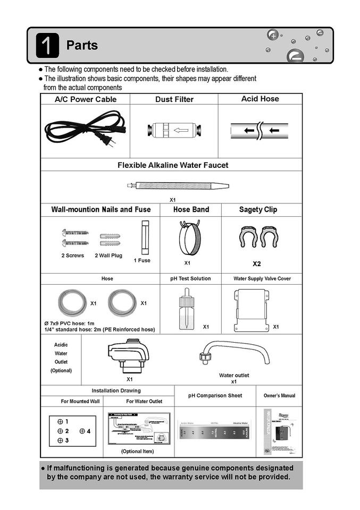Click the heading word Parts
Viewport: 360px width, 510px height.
point(82,46)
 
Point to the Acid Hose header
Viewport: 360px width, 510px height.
point(260,99)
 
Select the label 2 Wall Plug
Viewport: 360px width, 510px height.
point(108,256)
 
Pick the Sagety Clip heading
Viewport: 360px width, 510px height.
point(258,209)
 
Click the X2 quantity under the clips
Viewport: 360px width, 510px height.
point(257,263)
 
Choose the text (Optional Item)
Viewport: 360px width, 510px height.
point(137,451)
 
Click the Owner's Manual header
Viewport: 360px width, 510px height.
point(279,396)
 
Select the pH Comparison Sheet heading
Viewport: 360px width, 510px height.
point(215,396)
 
